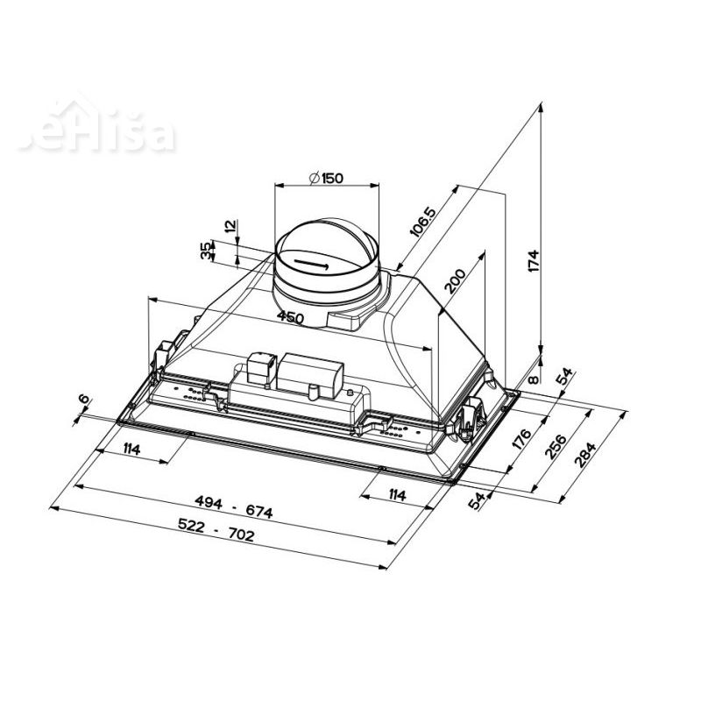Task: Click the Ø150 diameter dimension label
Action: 325,178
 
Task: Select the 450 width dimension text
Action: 289,317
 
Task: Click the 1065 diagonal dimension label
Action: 422,224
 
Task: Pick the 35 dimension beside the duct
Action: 206,251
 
